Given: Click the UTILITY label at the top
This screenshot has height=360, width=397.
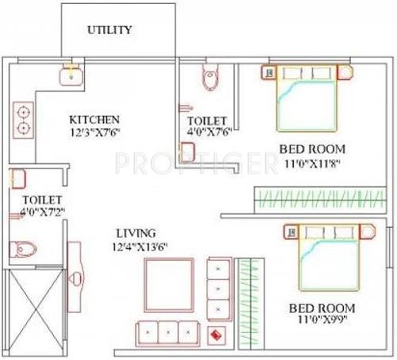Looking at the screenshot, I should coord(110,30).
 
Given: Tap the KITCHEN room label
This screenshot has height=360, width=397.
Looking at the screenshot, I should coord(94,118).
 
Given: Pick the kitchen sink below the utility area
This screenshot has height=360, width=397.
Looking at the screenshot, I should coord(71,76).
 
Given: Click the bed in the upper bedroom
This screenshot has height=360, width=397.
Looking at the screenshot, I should coord(310,99).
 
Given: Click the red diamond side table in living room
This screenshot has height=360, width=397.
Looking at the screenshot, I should coord(214,334).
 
